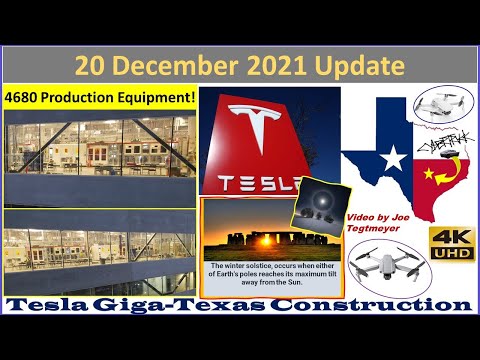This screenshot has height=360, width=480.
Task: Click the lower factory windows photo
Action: click(98, 255)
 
